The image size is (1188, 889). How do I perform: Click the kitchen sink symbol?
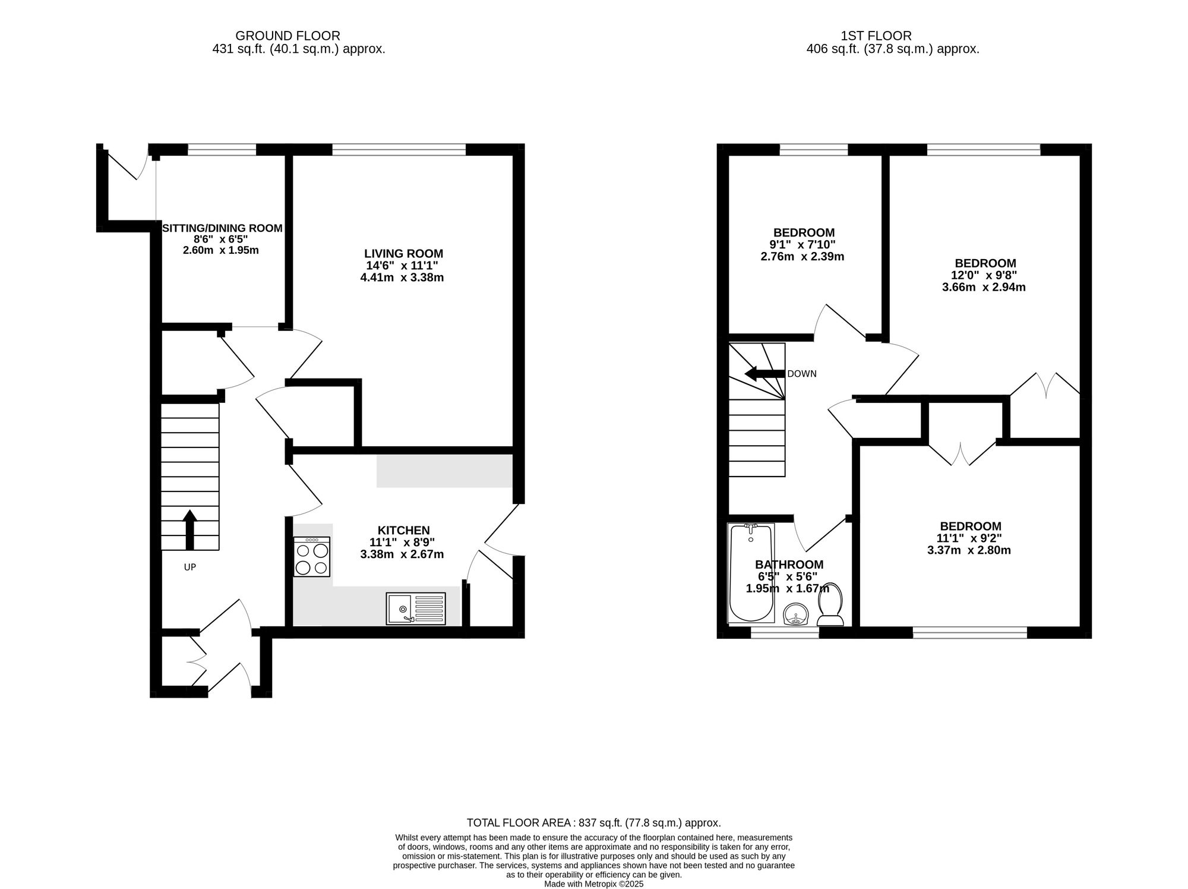(x=415, y=608)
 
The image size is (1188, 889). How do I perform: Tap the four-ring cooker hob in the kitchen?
(x=312, y=557)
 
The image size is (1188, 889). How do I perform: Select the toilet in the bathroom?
(x=830, y=604)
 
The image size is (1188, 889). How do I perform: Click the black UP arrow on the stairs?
(x=189, y=529)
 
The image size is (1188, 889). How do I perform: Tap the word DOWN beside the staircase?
(x=802, y=374)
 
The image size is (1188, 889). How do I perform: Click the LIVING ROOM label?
(x=403, y=254)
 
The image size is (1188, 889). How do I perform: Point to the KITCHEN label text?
(x=403, y=530)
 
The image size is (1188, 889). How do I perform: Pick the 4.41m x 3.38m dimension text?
(x=402, y=278)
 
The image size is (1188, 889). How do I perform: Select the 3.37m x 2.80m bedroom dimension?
(x=969, y=550)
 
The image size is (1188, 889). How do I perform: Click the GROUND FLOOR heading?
(x=288, y=36)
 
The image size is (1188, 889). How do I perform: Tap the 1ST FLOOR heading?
(x=876, y=36)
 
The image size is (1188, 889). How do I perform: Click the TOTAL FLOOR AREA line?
(x=593, y=823)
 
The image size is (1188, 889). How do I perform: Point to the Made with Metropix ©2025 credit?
(x=593, y=884)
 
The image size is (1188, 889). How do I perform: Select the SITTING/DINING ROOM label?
(x=222, y=228)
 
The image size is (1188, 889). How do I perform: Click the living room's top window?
(x=399, y=150)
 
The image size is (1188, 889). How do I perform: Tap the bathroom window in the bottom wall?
(x=785, y=633)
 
